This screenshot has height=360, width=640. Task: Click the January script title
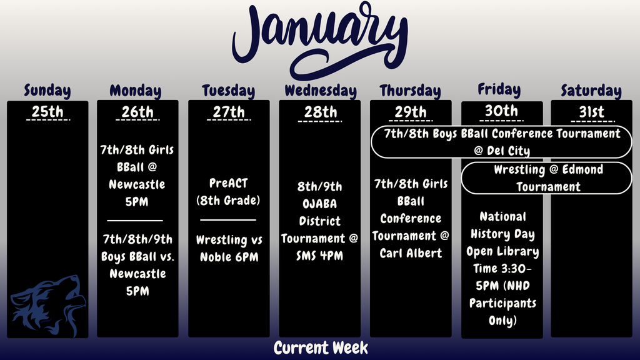(320, 41)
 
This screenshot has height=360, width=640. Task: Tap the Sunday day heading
(47, 91)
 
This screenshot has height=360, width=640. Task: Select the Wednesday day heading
(321, 91)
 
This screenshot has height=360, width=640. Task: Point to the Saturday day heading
(591, 91)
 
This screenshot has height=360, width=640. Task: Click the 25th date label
(47, 111)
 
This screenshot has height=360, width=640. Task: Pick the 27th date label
(229, 111)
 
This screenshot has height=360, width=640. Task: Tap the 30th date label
(501, 111)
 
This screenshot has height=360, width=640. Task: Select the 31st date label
(592, 111)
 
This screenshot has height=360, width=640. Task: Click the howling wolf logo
(48, 306)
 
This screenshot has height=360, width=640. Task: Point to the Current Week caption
(321, 348)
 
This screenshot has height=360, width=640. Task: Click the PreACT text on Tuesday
(229, 183)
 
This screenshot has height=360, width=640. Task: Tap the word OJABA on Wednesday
(319, 204)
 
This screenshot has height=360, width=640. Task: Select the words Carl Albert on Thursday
(411, 254)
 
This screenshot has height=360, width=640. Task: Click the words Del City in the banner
(509, 151)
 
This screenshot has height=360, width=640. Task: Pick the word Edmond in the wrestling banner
(582, 169)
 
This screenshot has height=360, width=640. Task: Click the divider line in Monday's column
(135, 221)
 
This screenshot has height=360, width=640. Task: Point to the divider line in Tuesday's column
(228, 220)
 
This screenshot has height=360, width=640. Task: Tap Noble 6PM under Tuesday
(229, 257)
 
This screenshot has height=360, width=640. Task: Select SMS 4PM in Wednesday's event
(319, 256)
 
